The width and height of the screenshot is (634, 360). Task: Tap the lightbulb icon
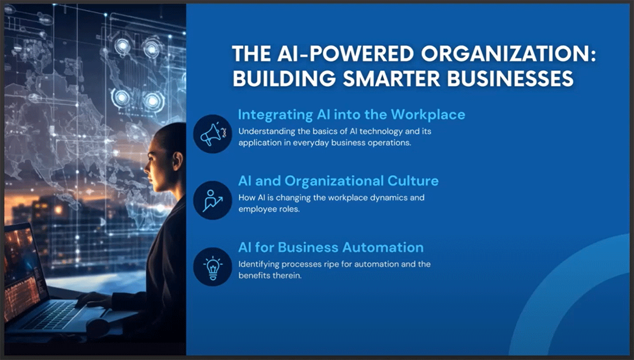coord(213,268)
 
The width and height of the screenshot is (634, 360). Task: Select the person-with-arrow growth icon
coord(212,200)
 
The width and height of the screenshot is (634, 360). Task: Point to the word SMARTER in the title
coord(391,78)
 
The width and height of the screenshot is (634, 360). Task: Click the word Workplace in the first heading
coord(428,115)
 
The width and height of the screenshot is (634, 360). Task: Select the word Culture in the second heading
coord(413,181)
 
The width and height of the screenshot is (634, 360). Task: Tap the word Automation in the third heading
coord(383,247)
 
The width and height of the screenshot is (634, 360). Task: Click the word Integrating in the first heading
coord(275,115)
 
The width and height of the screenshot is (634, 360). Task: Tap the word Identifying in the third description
coord(258,264)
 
